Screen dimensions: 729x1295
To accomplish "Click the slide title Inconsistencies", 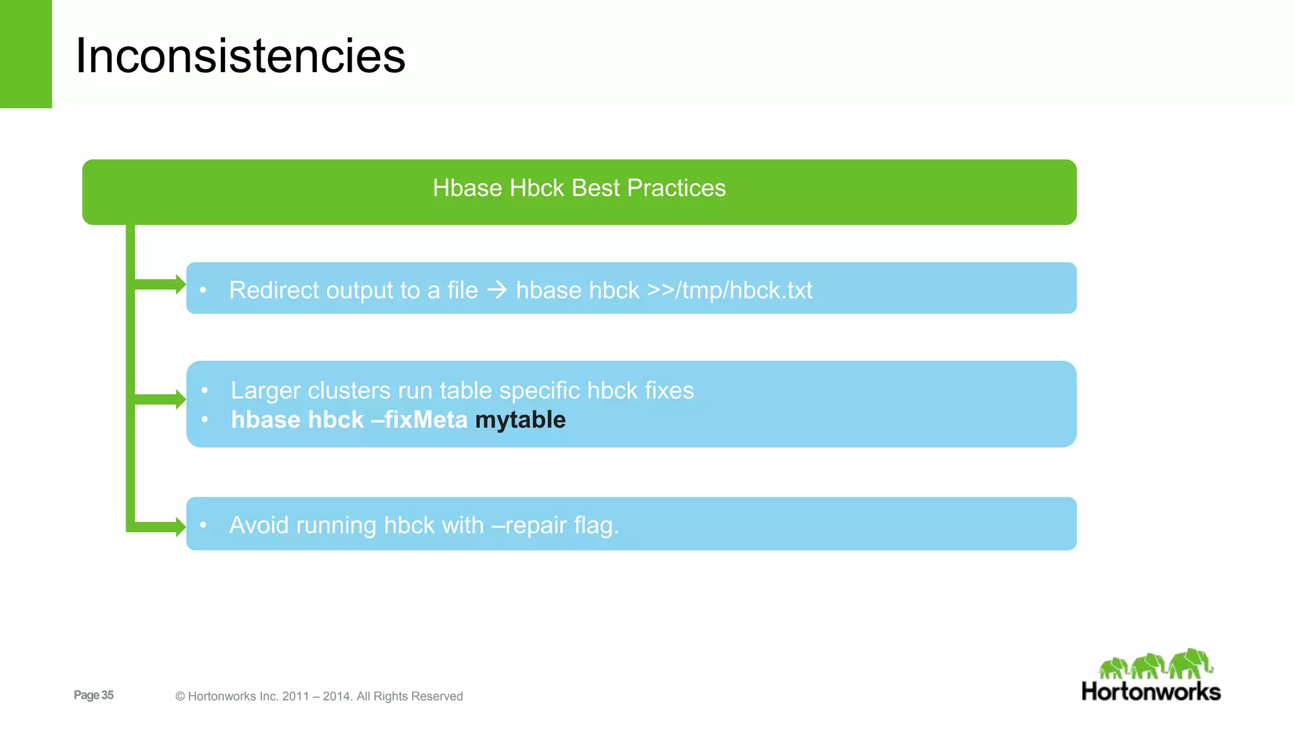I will [240, 56].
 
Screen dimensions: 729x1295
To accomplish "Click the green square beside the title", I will [25, 54].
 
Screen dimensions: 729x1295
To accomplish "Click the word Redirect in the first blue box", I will [274, 290].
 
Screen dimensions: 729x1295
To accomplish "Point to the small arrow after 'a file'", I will [497, 290].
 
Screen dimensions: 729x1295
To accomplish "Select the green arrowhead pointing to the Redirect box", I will [180, 284].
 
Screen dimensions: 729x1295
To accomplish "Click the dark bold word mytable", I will [520, 420].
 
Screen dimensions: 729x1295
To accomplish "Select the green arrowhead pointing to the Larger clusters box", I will [180, 399].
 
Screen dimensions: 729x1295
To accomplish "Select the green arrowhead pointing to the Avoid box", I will [180, 526].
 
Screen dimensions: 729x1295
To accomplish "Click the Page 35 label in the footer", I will [94, 695].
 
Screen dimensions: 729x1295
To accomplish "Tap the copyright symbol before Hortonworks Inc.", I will [180, 696].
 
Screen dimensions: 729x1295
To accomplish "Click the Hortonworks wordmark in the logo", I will [1151, 692].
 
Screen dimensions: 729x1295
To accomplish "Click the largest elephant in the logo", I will [1189, 663].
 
